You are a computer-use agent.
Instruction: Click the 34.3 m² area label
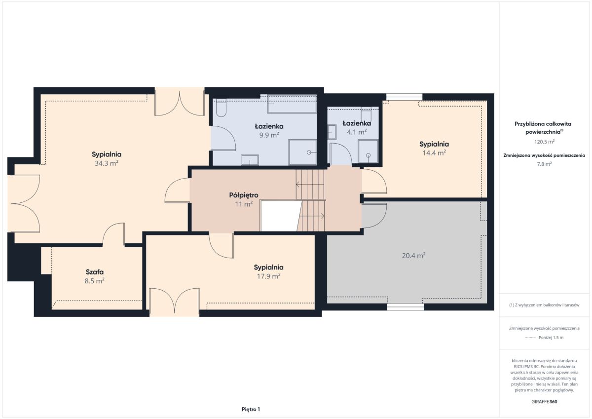[x=107, y=163]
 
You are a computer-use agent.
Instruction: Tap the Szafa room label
[x=95, y=272]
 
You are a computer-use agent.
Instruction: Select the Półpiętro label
[x=244, y=195]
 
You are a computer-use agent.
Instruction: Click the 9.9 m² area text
[x=269, y=135]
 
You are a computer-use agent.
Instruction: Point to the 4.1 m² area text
[x=357, y=132]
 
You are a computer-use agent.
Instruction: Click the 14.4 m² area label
[x=434, y=152]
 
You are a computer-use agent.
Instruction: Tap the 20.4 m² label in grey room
[x=413, y=255]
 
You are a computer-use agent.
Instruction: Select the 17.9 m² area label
[x=269, y=276]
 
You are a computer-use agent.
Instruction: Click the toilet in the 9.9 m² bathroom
[x=221, y=108]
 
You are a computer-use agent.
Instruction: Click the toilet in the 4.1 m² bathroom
[x=366, y=114]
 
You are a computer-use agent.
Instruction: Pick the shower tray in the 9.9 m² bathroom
[x=302, y=152]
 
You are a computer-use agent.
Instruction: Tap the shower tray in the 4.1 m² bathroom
[x=368, y=151]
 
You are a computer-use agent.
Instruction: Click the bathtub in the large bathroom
[x=292, y=104]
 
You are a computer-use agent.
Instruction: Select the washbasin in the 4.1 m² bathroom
[x=332, y=132]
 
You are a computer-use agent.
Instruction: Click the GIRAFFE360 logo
[x=544, y=402]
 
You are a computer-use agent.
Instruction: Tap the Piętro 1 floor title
[x=251, y=409]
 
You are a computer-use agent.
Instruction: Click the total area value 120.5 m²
[x=544, y=142]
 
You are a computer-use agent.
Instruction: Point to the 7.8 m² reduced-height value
[x=544, y=164]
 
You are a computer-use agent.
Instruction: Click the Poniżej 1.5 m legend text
[x=551, y=338]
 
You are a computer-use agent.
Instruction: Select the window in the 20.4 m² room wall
[x=406, y=306]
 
